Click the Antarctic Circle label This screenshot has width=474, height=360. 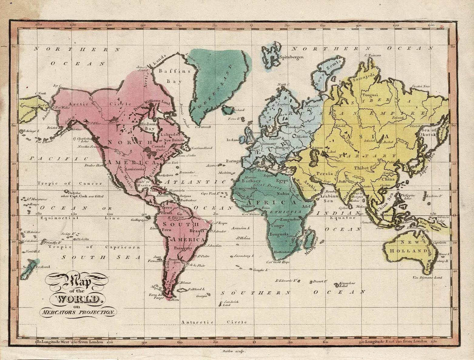(213, 322)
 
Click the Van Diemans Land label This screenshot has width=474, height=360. (427, 277)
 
